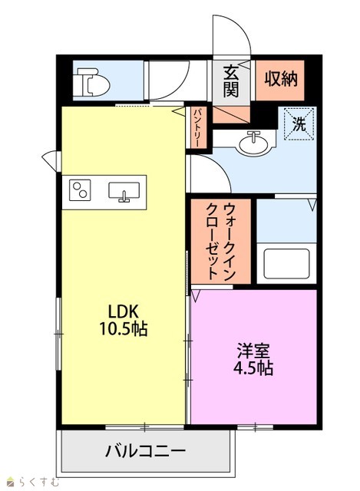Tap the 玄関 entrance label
click(x=230, y=81)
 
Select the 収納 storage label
click(x=280, y=78)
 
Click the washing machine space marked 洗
click(x=299, y=124)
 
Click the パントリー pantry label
click(x=197, y=127)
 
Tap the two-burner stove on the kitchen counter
click(x=80, y=189)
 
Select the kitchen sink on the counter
click(x=124, y=191)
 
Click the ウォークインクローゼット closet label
click(x=220, y=241)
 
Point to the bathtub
click(x=286, y=263)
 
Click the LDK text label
click(x=123, y=311)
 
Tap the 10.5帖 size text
click(x=123, y=329)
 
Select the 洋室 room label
click(x=253, y=351)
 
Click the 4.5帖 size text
click(x=253, y=368)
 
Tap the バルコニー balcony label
click(x=145, y=451)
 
